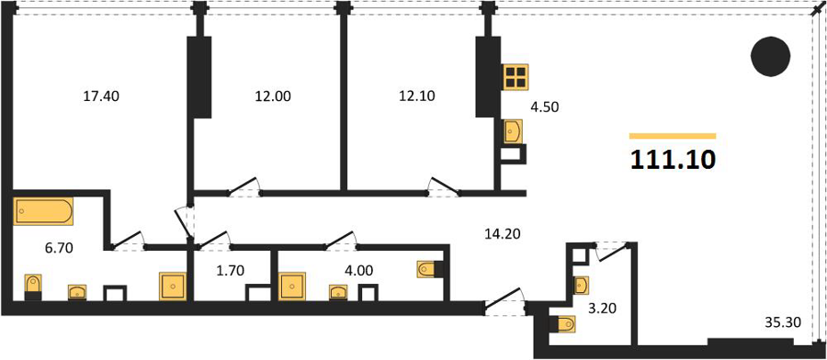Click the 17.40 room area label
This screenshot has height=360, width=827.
click(x=101, y=96)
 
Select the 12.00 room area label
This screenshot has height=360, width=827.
click(x=273, y=96)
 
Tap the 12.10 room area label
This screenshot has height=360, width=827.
click(x=416, y=96)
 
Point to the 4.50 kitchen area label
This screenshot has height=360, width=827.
click(x=544, y=107)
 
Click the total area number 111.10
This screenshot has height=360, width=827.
click(x=673, y=160)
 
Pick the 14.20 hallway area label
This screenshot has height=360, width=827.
click(x=502, y=233)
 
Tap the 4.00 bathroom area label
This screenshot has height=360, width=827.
click(x=359, y=271)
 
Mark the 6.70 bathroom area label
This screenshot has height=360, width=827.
click(x=58, y=248)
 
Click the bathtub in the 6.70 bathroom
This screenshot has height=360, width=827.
click(x=43, y=211)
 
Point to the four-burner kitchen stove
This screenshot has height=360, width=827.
click(x=515, y=77)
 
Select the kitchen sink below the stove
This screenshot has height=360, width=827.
click(x=513, y=131)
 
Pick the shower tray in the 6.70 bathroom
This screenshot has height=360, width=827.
click(x=173, y=287)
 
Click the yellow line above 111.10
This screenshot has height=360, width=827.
click(x=673, y=136)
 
